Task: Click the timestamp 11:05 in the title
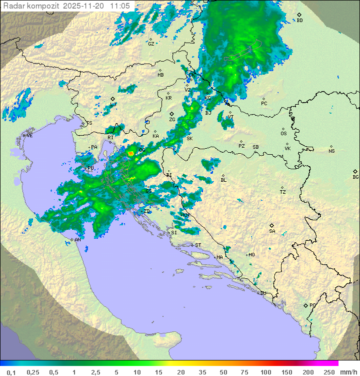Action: pyautogui.click(x=120, y=5)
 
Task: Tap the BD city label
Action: pyautogui.click(x=299, y=21)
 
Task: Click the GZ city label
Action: pyautogui.click(x=151, y=44)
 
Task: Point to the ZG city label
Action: pyautogui.click(x=172, y=120)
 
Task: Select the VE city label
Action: pyautogui.click(x=29, y=136)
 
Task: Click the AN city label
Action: pyautogui.click(x=77, y=240)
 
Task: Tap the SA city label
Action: pyautogui.click(x=272, y=231)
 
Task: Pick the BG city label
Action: pyautogui.click(x=355, y=177)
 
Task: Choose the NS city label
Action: pyautogui.click(x=331, y=151)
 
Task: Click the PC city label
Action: pyautogui.click(x=264, y=104)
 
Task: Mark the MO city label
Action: pyautogui.click(x=251, y=255)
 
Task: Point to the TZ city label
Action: pyautogui.click(x=283, y=192)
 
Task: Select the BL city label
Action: pyautogui.click(x=223, y=180)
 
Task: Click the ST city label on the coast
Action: pyautogui.click(x=198, y=245)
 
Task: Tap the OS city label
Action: pyautogui.click(x=283, y=134)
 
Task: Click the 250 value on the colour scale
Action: pyautogui.click(x=328, y=372)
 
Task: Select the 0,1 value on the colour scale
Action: pyautogui.click(x=11, y=372)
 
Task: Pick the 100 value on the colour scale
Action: pyautogui.click(x=265, y=372)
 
